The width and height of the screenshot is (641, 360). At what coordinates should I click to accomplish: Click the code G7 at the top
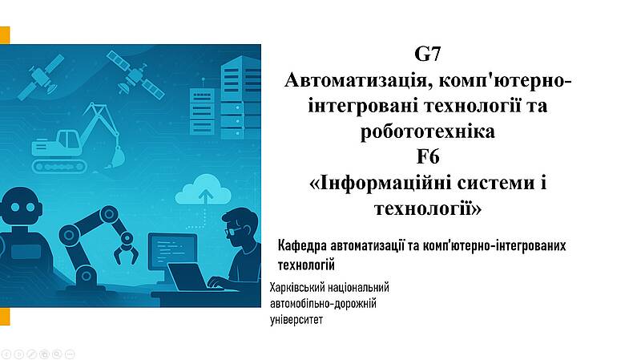coord(428,54)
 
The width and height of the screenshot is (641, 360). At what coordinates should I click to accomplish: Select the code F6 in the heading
coord(428,157)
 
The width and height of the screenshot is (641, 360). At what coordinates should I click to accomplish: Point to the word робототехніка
coord(428,131)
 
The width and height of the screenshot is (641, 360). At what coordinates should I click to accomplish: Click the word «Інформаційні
coord(380,184)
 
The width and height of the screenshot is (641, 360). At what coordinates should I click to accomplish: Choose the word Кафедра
coord(302,246)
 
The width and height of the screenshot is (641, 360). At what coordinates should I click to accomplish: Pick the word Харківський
coord(295,289)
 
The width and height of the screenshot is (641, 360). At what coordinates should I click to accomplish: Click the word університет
coord(296,320)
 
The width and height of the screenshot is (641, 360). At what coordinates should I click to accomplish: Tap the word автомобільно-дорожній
coord(323,304)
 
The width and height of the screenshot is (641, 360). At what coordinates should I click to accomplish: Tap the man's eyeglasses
coord(232,231)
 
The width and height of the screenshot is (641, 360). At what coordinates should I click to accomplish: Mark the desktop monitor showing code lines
coord(172,252)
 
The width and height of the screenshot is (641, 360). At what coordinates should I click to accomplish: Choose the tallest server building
coord(241,98)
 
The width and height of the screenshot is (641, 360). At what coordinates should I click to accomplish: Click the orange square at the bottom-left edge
coord(5,317)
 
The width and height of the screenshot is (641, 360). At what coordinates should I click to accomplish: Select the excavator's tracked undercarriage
coord(59,166)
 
